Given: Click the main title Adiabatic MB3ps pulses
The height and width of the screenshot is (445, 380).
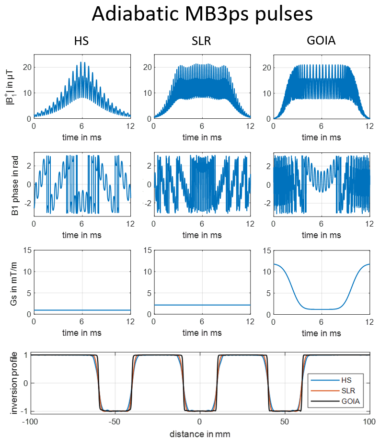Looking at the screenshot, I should [202, 14].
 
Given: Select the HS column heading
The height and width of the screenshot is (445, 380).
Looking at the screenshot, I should [81, 41].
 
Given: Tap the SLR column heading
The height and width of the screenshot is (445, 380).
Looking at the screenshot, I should [202, 41].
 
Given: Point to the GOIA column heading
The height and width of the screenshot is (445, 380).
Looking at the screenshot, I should [321, 41].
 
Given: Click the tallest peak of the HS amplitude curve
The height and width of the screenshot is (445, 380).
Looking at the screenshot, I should [83, 62].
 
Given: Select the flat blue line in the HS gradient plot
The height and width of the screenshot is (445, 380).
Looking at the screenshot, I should [81, 310].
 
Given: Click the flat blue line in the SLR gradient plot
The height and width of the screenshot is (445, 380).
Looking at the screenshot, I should [202, 305].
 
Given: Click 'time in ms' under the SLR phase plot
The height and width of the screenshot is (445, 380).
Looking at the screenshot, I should [202, 235].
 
